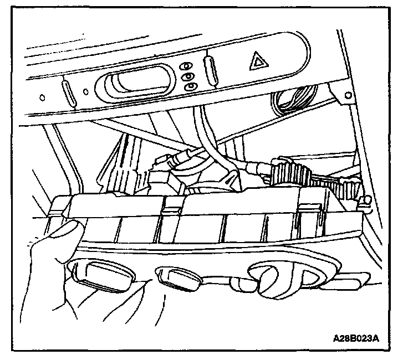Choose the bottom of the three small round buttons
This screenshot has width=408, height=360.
click(x=189, y=86)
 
